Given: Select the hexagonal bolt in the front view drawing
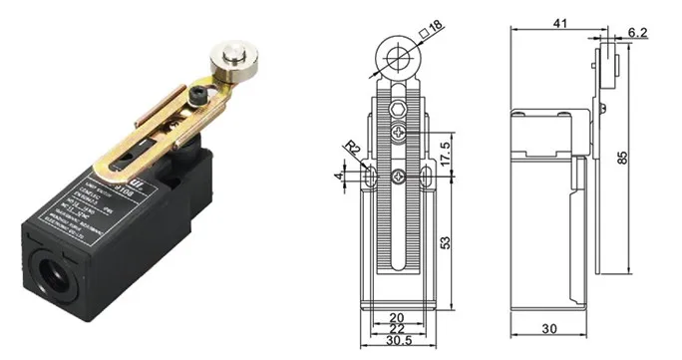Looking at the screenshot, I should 398,109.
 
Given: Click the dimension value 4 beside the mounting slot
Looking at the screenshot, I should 341,177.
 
